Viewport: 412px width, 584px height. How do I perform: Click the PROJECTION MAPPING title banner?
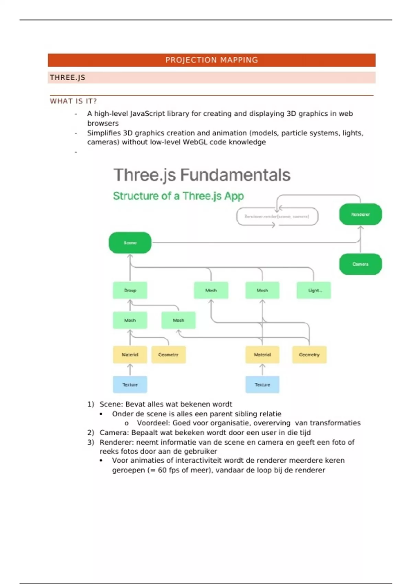click(x=211, y=60)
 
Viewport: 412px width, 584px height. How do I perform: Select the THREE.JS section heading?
click(x=68, y=78)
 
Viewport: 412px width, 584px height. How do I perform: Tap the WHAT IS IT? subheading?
click(x=73, y=101)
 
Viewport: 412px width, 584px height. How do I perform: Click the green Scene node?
click(x=130, y=243)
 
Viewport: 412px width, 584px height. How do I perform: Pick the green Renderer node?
click(x=360, y=214)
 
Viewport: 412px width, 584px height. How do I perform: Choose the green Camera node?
click(x=360, y=264)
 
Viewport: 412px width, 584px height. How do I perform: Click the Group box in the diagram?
click(x=130, y=290)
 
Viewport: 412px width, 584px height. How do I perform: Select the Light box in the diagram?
click(x=314, y=290)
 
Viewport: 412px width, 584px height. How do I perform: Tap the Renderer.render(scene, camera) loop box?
click(x=277, y=216)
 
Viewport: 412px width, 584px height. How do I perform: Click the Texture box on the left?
click(x=130, y=385)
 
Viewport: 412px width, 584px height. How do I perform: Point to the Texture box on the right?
click(x=262, y=385)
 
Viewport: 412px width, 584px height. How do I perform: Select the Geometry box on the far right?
click(x=309, y=355)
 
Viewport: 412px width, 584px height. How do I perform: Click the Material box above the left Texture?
click(x=130, y=355)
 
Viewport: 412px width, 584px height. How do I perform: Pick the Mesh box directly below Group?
click(x=130, y=320)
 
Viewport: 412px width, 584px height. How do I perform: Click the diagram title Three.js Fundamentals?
click(x=202, y=175)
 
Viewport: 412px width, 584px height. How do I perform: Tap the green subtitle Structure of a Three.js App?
click(x=178, y=196)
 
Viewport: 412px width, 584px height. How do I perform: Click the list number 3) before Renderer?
click(x=91, y=442)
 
